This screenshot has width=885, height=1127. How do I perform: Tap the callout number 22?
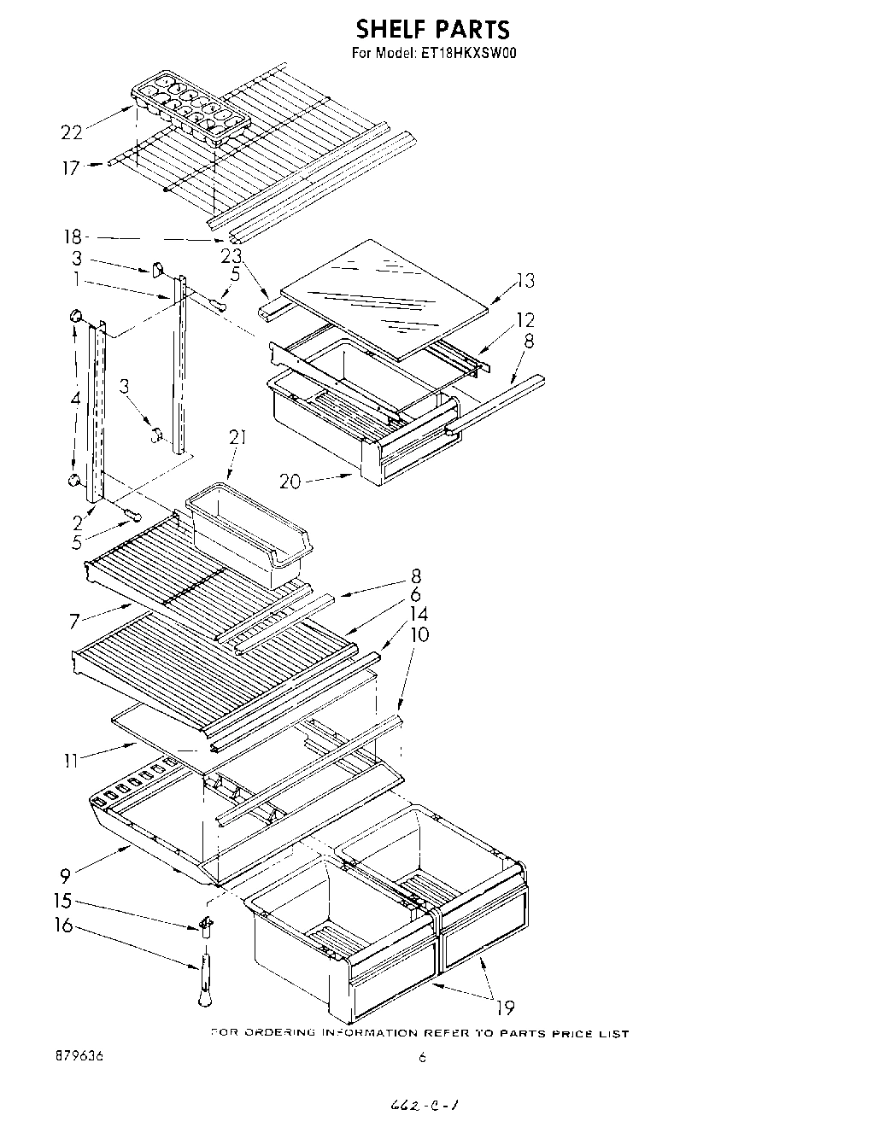point(72,131)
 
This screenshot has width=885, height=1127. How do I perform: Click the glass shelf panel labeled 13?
point(384,295)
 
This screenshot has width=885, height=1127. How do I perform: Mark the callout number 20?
point(290,482)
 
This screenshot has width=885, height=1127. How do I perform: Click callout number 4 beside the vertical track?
point(76,398)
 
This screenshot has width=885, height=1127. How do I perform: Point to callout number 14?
point(419,614)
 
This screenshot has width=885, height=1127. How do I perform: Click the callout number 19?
point(505,1008)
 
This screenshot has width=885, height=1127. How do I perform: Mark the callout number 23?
point(231,255)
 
